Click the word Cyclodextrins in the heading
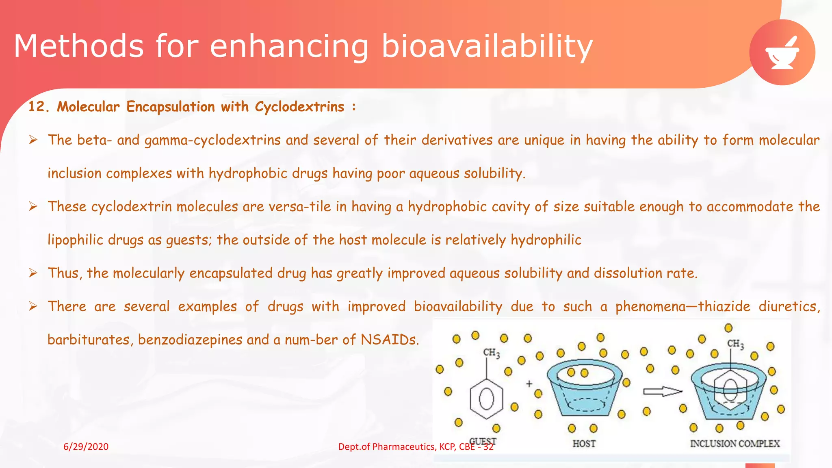coord(299,107)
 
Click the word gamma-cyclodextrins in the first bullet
coord(212,140)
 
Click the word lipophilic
coord(75,240)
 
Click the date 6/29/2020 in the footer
coord(86,447)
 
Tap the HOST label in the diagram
coord(584,444)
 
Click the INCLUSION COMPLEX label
coord(734,444)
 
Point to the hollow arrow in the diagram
coord(662,392)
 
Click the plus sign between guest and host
coord(529,383)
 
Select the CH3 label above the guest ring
coord(491,353)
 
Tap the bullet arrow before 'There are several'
coord(33,306)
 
